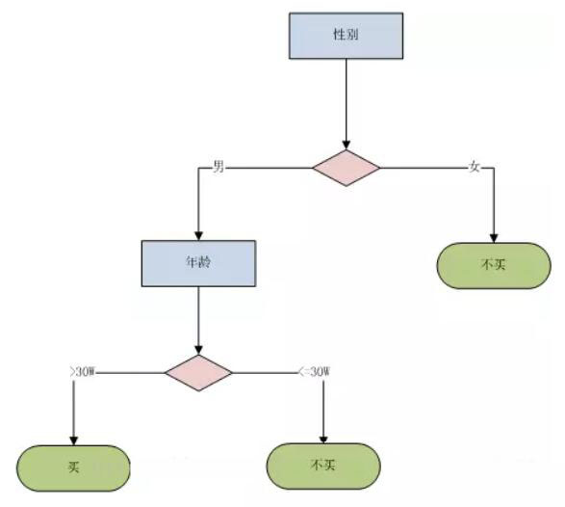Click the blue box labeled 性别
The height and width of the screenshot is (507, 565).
[x=346, y=36]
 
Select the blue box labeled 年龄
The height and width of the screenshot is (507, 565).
[x=198, y=263]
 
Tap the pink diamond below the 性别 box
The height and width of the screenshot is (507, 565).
[x=346, y=168]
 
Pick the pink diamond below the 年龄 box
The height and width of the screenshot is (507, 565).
[x=198, y=372]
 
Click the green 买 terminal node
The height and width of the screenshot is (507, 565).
[x=73, y=468]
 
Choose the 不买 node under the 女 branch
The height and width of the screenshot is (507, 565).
[x=494, y=266]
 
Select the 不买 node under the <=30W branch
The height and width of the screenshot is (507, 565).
[x=323, y=466]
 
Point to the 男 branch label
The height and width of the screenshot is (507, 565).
[x=218, y=167]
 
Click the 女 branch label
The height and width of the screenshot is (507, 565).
[x=475, y=167]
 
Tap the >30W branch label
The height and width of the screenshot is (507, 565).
[x=83, y=371]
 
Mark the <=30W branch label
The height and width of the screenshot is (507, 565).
[x=314, y=371]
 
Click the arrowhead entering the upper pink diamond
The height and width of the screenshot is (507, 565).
[x=346, y=145]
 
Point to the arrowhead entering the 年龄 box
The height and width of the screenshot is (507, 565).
[x=198, y=235]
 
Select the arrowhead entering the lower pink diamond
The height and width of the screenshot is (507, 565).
[x=198, y=350]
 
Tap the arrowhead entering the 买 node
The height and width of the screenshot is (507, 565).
[x=73, y=440]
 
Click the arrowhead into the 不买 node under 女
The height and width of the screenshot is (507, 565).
[x=494, y=238]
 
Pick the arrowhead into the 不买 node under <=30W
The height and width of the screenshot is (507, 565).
[x=323, y=440]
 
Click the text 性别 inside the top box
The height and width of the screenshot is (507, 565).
[x=346, y=35]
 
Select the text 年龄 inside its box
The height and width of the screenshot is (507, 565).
[x=198, y=262]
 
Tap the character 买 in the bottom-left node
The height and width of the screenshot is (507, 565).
[x=73, y=467]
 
